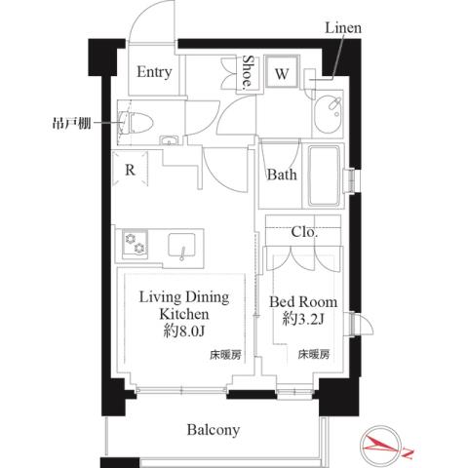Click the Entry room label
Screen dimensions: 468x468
pos(154,72)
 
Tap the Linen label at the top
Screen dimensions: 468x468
pos(343,28)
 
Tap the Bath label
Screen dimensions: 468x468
pos(283,175)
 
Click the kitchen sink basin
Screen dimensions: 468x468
pos(183,245)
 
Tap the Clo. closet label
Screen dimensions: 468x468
pos(303,232)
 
